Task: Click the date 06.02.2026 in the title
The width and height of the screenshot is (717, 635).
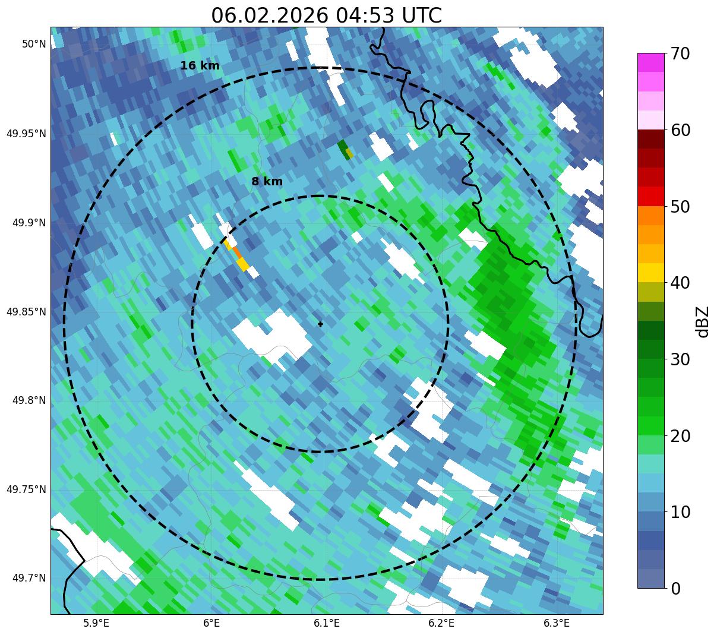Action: (269, 15)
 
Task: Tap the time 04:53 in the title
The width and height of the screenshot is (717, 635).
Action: (362, 15)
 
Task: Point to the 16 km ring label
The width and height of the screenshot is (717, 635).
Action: (200, 66)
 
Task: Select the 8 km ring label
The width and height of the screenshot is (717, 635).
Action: (267, 182)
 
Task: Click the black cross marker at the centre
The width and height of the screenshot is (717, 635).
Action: (321, 324)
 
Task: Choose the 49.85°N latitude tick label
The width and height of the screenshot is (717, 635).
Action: (26, 312)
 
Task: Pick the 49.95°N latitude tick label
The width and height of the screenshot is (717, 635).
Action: (26, 133)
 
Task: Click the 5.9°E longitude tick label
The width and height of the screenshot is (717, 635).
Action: (96, 623)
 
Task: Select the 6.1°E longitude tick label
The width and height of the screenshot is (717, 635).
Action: (326, 623)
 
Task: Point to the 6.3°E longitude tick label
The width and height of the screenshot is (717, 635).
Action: (557, 623)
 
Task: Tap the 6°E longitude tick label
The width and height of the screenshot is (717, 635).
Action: (211, 623)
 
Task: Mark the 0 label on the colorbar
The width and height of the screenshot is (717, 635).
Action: (676, 588)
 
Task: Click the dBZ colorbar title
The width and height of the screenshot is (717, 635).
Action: (703, 321)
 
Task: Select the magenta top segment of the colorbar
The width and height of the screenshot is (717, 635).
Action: (650, 62)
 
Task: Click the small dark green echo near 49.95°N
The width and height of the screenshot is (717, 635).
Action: (343, 149)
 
